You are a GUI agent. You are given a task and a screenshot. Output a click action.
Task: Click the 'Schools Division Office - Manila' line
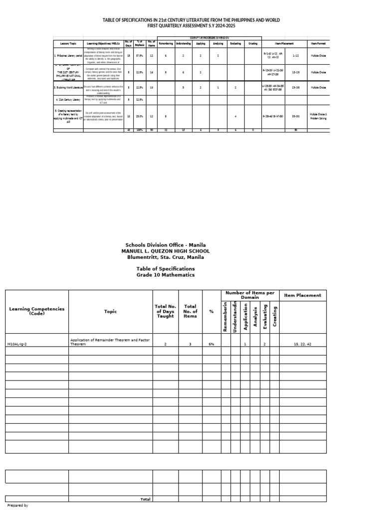(165, 245)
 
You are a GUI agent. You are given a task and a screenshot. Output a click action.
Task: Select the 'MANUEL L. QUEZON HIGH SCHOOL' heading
(165, 251)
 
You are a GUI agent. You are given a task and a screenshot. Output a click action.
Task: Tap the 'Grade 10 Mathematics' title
(165, 275)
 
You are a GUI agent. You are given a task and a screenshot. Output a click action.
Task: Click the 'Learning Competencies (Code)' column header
(37, 311)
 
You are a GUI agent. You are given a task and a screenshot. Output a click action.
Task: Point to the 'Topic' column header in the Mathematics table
(110, 311)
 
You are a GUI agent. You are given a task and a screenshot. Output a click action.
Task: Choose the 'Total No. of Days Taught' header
(166, 311)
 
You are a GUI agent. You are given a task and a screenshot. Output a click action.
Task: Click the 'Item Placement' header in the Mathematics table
(303, 295)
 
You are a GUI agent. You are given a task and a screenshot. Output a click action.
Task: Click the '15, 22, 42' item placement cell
(303, 344)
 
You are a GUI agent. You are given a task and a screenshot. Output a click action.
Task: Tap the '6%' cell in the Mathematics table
(211, 344)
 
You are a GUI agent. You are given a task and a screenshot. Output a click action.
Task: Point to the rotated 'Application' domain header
(245, 318)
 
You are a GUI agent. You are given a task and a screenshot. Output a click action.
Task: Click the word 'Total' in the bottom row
(146, 499)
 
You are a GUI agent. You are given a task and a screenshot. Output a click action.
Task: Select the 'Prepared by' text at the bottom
(18, 506)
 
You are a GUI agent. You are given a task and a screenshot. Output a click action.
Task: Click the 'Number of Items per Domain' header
(250, 295)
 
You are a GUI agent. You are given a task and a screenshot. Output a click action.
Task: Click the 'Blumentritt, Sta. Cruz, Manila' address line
(165, 257)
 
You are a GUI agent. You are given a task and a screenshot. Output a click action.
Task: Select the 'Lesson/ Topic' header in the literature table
(68, 43)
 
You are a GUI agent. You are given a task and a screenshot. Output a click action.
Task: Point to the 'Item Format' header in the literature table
(318, 43)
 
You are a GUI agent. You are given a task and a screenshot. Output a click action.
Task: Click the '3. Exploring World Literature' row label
(68, 87)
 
